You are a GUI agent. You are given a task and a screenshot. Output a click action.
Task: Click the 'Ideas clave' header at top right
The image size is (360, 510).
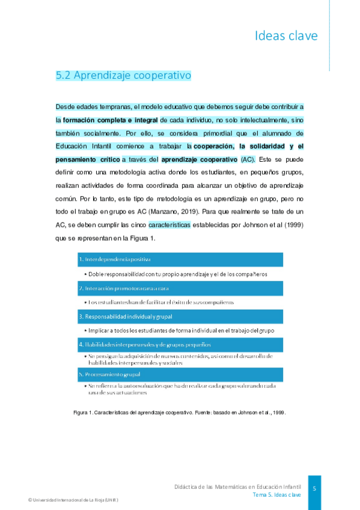coord(285,36)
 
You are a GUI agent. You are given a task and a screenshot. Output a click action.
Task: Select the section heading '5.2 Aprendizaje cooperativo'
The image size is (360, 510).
coord(123,76)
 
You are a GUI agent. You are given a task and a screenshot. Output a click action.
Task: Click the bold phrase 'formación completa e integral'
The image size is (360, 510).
coord(110,120)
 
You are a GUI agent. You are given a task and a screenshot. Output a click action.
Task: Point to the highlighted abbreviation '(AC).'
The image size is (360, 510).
coord(248,159)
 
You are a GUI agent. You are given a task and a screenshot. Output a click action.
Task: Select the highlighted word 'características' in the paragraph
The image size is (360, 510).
coord(169,225)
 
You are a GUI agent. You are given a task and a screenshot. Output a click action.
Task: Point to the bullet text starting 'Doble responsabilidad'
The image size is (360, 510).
coord(177,274)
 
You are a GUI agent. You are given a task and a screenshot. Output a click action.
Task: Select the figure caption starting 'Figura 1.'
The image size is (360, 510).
coord(179,413)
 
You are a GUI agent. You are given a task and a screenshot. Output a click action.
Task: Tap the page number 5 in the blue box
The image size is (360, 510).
coord(314,489)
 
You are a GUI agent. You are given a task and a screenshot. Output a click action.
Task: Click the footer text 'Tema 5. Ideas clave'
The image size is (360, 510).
coord(276,494)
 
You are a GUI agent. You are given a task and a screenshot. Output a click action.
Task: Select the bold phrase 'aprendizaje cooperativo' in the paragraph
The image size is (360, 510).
coord(199,159)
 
